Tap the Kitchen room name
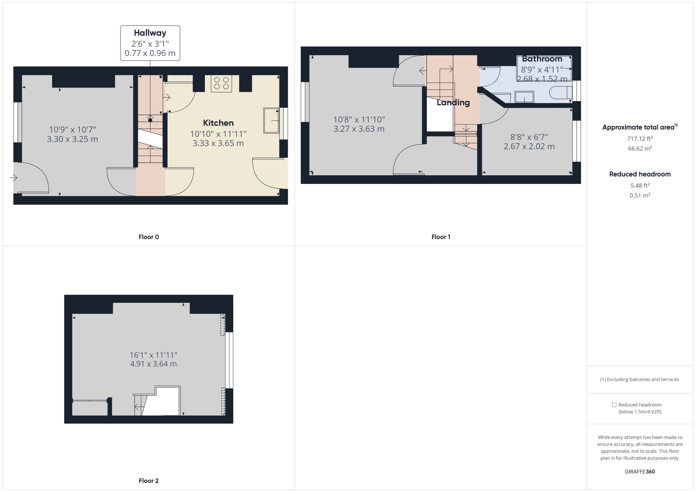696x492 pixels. point(218,123)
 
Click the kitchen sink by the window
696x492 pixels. point(271,121)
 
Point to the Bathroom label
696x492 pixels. point(542,59)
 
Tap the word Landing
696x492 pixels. point(453,103)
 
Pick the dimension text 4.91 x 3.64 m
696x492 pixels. point(153,364)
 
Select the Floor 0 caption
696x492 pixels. point(149,237)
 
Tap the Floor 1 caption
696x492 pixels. point(441,237)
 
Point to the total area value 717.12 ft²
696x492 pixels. point(640,139)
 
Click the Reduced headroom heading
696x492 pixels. point(640,174)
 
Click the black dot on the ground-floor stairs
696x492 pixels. point(150,120)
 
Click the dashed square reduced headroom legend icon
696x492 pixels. point(614,405)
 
